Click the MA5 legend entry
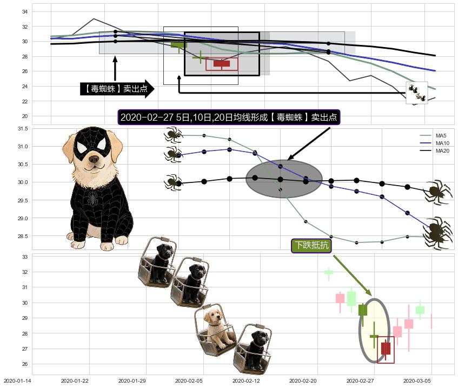[433, 136]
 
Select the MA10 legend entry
[434, 143]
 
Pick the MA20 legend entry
[434, 151]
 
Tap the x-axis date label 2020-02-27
[360, 381]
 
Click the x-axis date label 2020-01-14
[17, 381]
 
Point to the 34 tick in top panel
[25, 12]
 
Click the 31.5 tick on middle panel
[23, 129]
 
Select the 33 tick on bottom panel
[25, 257]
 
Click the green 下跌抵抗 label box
[311, 245]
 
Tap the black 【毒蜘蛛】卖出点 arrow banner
[117, 89]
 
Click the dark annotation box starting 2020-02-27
[229, 117]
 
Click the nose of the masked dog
[94, 159]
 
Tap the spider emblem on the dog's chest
[92, 198]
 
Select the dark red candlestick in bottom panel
[386, 349]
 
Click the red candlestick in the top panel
[222, 64]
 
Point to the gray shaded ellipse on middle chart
[284, 179]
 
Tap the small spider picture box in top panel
[417, 93]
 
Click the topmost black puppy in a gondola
[158, 261]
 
